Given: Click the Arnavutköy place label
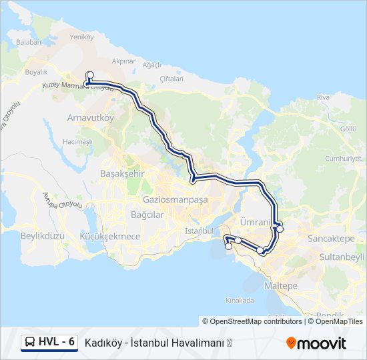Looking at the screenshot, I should click(x=91, y=117).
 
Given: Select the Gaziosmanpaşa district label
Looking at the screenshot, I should click(x=175, y=199).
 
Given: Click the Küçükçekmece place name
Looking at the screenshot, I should click(x=109, y=236).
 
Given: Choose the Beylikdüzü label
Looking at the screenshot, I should click(x=41, y=236).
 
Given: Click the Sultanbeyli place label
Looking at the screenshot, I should click(x=342, y=256).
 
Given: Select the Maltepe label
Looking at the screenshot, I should click(x=281, y=285).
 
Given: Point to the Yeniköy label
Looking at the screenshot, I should click(x=81, y=37).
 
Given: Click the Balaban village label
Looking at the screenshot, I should click(x=29, y=42).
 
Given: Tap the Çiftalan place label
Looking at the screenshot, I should click(x=171, y=78).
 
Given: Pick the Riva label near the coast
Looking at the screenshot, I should click(x=324, y=97).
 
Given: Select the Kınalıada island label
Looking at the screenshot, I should click(x=240, y=301).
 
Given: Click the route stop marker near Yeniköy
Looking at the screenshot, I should click(x=89, y=75).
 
